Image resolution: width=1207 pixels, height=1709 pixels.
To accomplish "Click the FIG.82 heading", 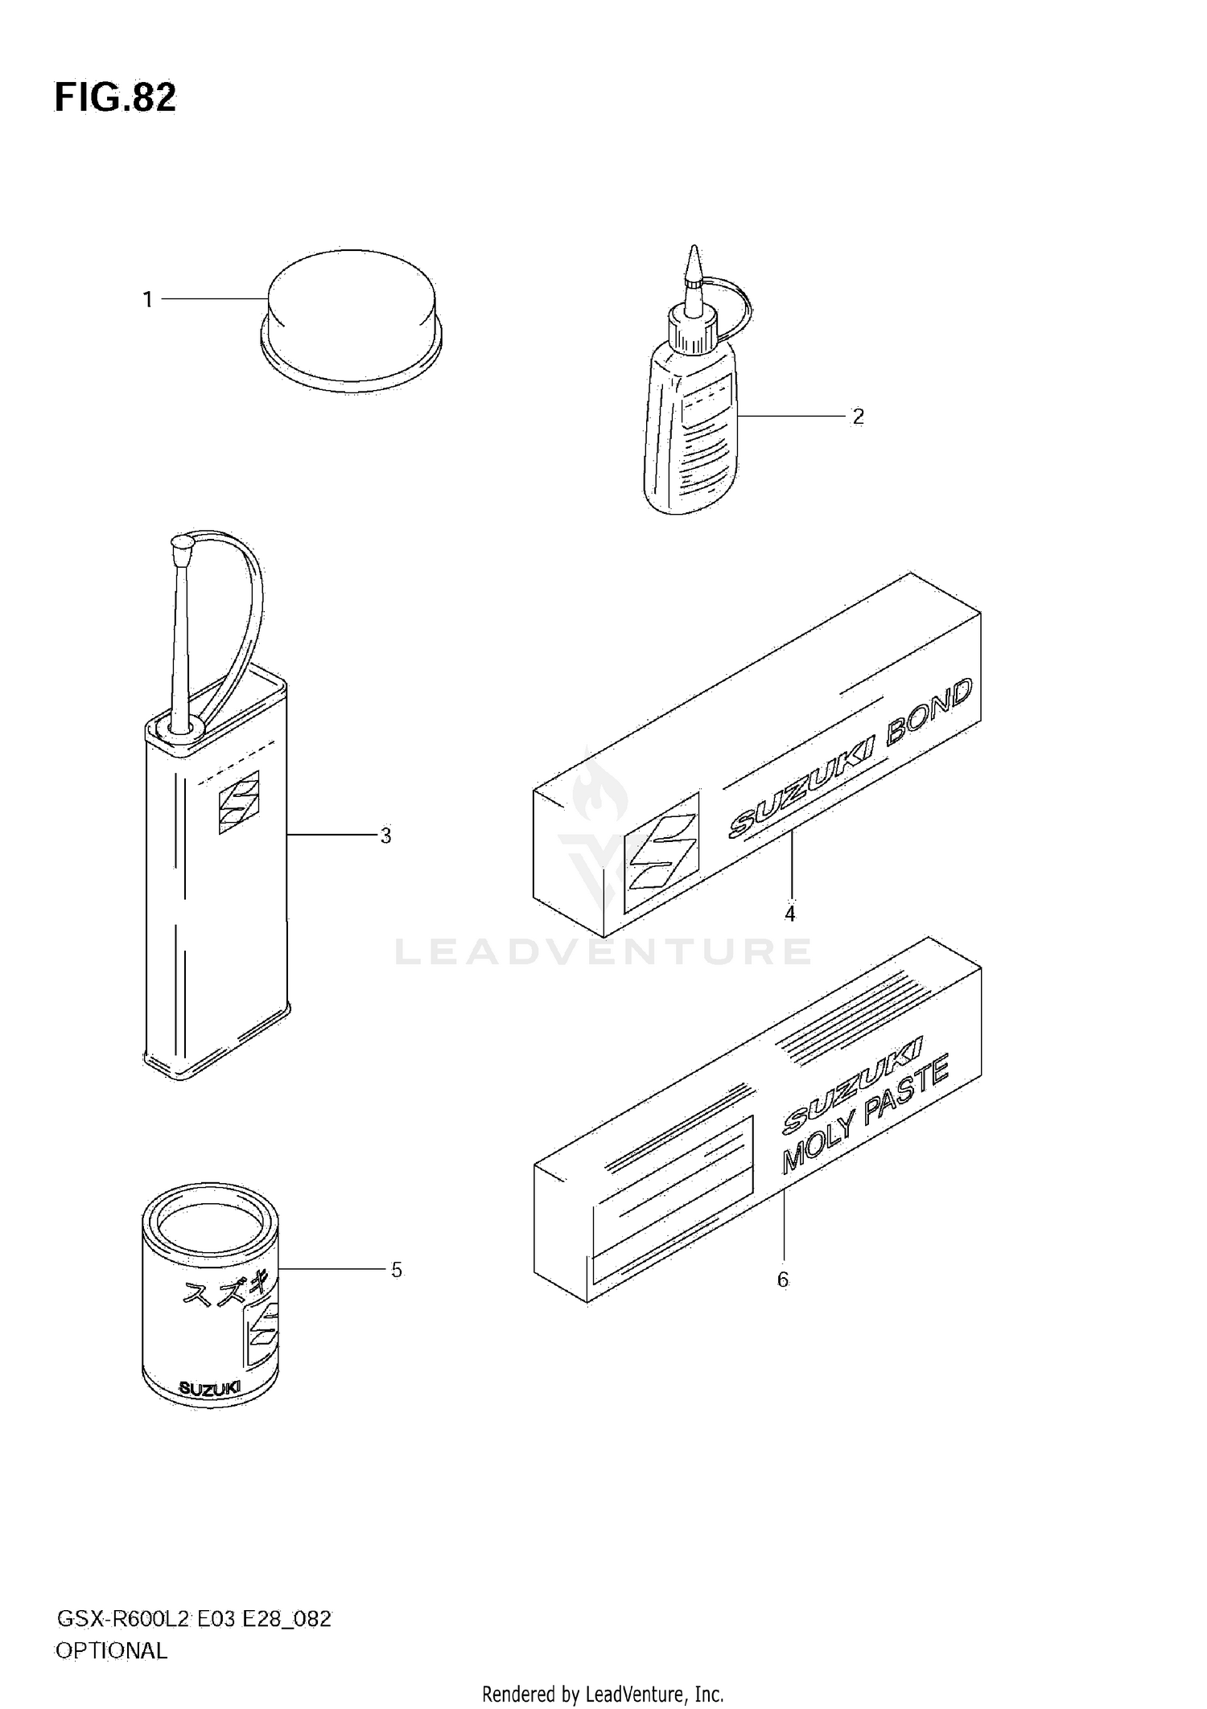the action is pos(115,98).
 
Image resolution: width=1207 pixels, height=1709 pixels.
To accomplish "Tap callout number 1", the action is pos(147,300).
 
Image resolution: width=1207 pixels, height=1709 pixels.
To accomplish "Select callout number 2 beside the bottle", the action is pos(858,417).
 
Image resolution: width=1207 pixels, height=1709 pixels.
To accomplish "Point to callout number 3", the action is pos(385,836).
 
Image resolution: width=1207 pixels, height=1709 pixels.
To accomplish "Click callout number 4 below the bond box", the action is pos(789,914).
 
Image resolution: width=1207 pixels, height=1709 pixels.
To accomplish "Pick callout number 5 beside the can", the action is pos(396,1270).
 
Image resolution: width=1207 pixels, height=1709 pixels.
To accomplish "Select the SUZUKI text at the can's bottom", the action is pos(208,1388).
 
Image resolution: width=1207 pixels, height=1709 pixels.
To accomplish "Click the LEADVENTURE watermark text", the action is pos(603,952).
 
